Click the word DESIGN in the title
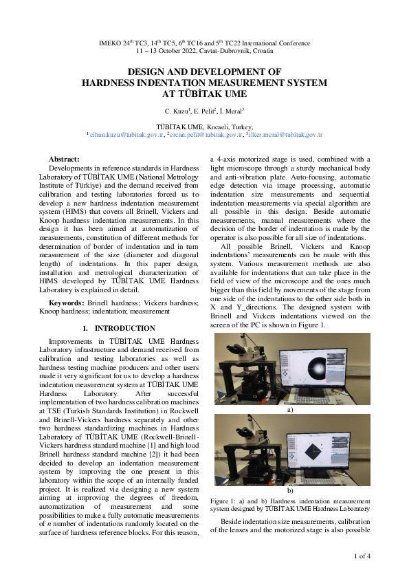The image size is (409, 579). (148, 72)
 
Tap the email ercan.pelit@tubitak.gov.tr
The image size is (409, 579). (206, 135)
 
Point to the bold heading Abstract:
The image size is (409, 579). (65, 159)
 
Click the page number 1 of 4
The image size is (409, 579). (362, 556)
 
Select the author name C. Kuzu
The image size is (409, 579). (177, 111)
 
